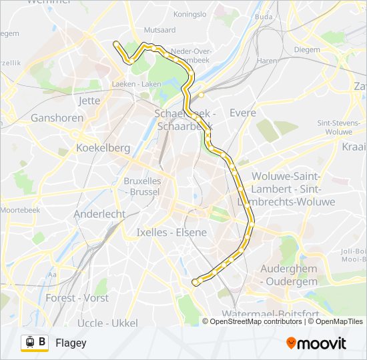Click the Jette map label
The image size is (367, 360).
pyautogui.click(x=89, y=101)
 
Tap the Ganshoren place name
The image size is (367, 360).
pyautogui.click(x=57, y=118)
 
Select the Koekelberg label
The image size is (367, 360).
pyautogui.click(x=103, y=148)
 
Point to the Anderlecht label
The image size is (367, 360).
pyautogui.click(x=99, y=214)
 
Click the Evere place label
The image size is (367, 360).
pyautogui.click(x=243, y=113)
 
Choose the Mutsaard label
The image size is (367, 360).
pyautogui.click(x=159, y=30)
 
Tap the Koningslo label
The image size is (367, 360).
pyautogui.click(x=190, y=13)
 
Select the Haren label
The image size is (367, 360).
pyautogui.click(x=267, y=61)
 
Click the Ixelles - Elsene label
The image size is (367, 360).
pyautogui.click(x=171, y=233)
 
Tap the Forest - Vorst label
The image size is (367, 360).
pyautogui.click(x=77, y=298)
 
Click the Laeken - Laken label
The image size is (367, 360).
pyautogui.click(x=137, y=84)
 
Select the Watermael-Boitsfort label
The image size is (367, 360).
pyautogui.click(x=269, y=313)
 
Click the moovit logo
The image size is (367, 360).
pyautogui.click(x=316, y=343)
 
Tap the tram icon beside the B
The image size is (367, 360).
pyautogui.click(x=29, y=343)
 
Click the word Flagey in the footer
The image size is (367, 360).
pyautogui.click(x=71, y=343)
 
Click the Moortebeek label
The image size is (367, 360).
pyautogui.click(x=20, y=210)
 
